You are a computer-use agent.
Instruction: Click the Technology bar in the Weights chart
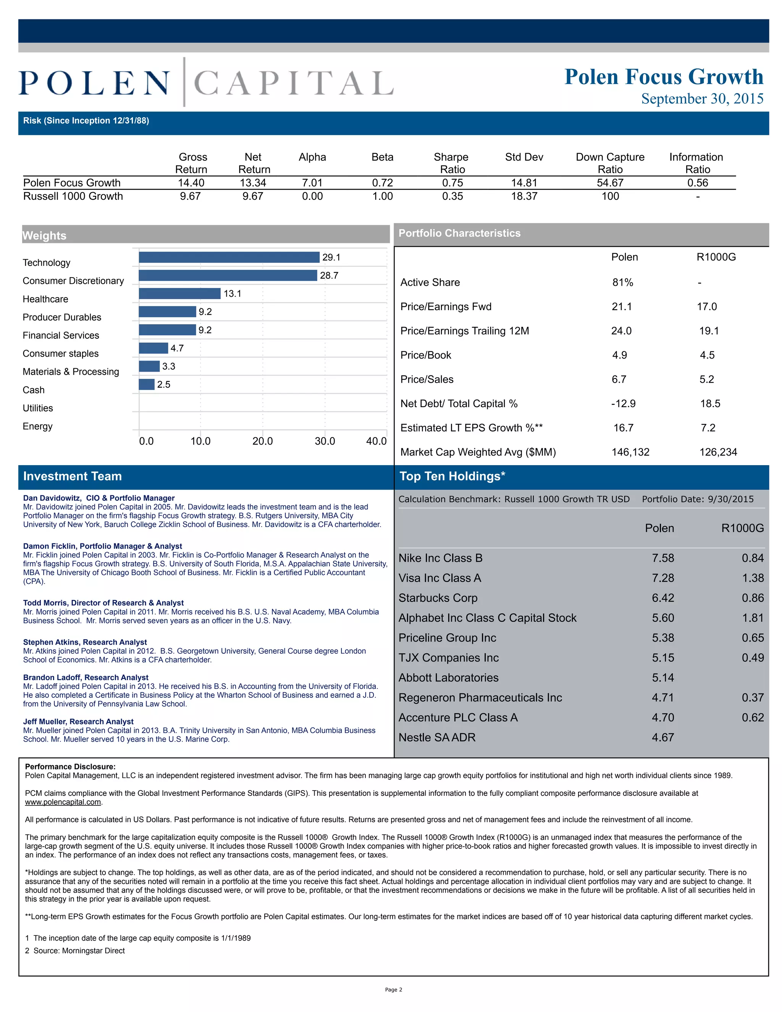229,257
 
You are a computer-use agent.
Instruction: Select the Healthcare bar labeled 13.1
179,293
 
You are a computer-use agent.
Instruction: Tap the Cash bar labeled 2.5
146,384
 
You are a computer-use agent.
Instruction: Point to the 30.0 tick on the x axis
325,441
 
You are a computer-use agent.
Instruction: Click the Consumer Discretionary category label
73,281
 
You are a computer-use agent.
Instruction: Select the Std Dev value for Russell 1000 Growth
524,196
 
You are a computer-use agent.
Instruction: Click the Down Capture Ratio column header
610,163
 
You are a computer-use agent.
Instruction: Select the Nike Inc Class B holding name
440,558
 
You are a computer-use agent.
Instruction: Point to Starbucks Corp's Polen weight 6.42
662,598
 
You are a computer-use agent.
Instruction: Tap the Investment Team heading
72,476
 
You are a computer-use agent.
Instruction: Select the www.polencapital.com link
63,802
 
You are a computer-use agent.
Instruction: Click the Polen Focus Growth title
663,77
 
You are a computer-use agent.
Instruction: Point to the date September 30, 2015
702,99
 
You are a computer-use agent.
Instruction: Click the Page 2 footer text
393,990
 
